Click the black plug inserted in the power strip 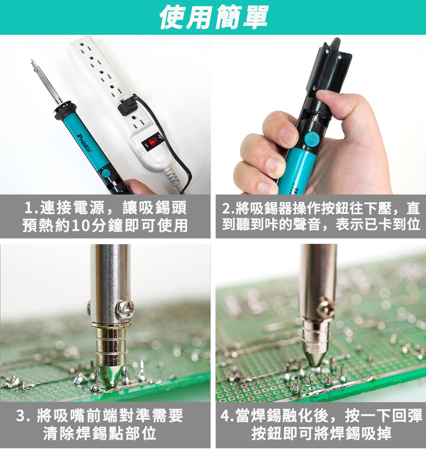coord(129,106)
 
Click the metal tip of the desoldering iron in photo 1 coord(32,62)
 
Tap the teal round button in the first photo coord(106,173)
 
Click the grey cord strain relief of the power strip coord(172,177)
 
